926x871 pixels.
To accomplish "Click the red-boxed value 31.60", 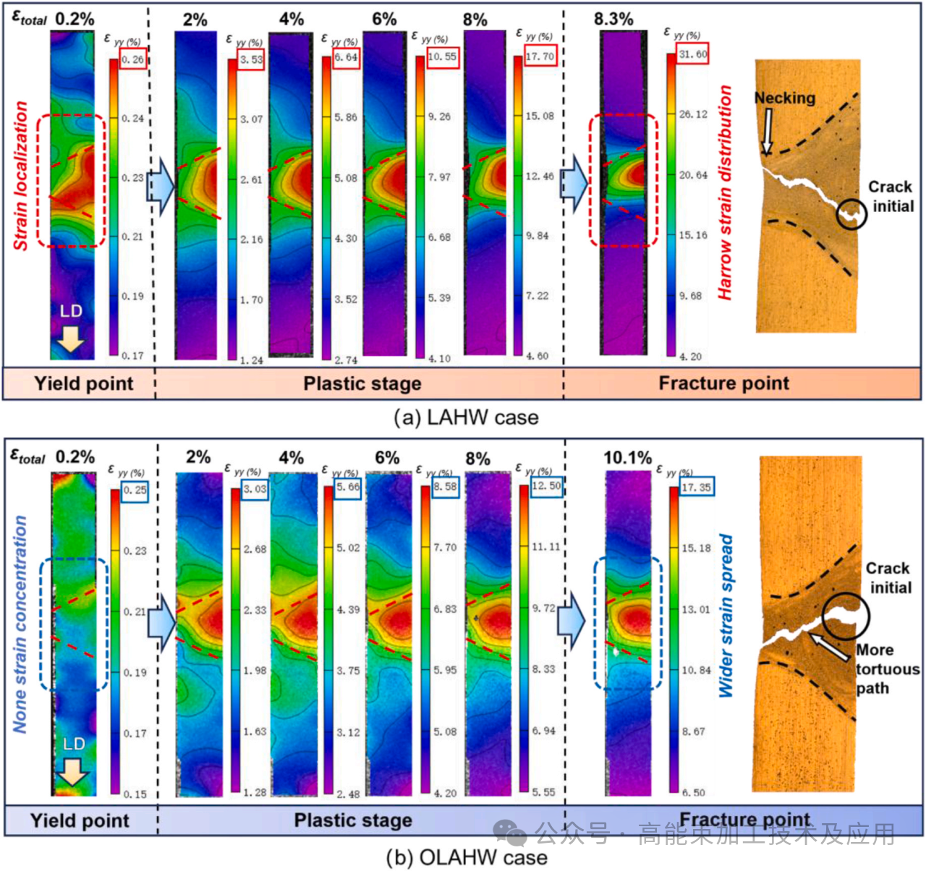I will (693, 54).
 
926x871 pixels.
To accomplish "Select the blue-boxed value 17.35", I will (696, 488).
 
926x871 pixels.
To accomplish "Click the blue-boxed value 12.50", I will (546, 486).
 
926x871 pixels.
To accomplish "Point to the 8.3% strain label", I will (613, 19).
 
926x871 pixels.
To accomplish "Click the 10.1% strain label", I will (627, 458).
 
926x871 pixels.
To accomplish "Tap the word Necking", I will (784, 98).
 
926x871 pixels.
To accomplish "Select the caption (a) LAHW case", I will (466, 417).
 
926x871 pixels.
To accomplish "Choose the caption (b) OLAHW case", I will (466, 857).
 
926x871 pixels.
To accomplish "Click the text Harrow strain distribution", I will (725, 193).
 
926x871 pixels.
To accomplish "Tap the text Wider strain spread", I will (726, 616).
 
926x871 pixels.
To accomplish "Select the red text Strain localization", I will (21, 176).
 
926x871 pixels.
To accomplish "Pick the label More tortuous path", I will (886, 668).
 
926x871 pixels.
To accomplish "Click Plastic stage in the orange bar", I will (362, 383).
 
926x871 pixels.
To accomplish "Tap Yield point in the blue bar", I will (80, 820).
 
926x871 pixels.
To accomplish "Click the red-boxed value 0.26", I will (133, 60).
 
